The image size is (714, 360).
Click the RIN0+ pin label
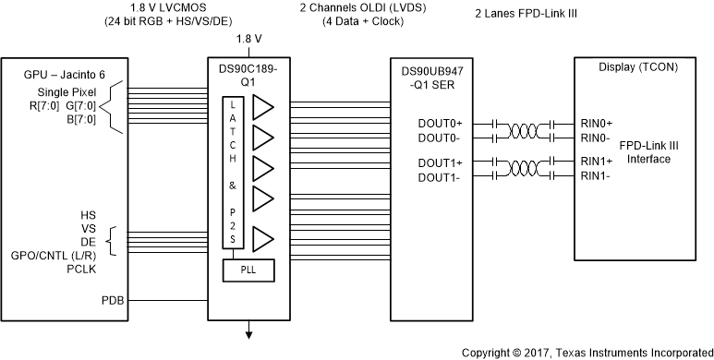(596, 123)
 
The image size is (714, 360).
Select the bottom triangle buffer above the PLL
(263, 239)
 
